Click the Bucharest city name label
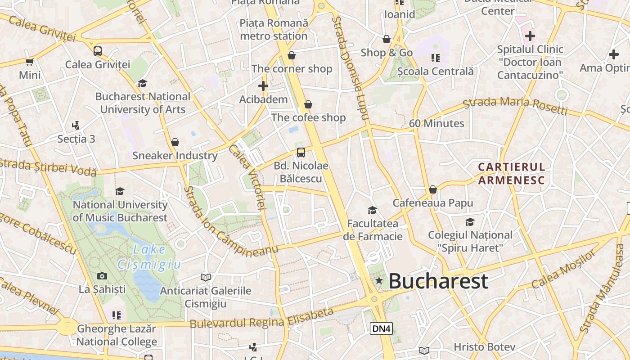tap(438, 281)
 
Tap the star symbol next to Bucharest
tap(379, 281)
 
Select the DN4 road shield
tap(381, 328)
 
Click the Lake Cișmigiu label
tap(149, 257)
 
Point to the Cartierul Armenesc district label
tap(511, 174)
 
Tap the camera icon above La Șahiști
tap(102, 276)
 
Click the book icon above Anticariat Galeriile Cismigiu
tap(206, 277)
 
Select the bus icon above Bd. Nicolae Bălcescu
tap(301, 153)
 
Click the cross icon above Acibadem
tap(263, 86)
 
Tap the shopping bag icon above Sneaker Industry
tap(175, 142)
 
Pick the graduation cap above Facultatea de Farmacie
tap(372, 210)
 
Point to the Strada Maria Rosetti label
tap(515, 105)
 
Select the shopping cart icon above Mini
tap(30, 62)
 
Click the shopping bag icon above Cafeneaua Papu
tap(433, 189)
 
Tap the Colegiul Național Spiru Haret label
tap(470, 241)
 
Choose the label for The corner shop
tap(292, 69)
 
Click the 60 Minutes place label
tap(436, 123)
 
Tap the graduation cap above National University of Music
tap(120, 191)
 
